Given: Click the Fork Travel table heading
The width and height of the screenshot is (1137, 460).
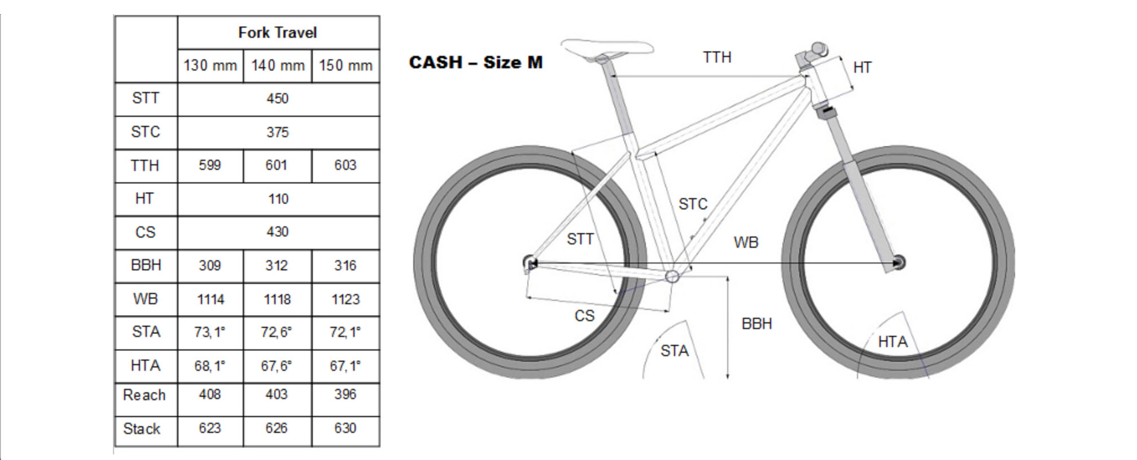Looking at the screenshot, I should point(277,33).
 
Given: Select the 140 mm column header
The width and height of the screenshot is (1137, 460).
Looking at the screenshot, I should point(277,65).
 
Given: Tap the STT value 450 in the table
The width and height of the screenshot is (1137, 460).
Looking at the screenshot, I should point(277,99).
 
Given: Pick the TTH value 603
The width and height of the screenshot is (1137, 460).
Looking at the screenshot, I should point(345,165).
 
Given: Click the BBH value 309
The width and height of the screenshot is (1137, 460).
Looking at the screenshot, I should point(209,265).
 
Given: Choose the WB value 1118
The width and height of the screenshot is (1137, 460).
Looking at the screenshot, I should point(277,299).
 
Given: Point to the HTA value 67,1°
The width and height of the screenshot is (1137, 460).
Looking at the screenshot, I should point(345,366).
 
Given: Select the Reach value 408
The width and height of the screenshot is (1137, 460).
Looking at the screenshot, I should point(209,395).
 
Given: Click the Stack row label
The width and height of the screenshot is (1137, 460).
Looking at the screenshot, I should point(142,429).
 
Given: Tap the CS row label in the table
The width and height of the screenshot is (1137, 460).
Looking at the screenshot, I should point(145,232).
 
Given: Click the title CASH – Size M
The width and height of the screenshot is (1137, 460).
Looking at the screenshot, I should point(475,62).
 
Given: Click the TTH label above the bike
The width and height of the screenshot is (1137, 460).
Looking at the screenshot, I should point(717,58).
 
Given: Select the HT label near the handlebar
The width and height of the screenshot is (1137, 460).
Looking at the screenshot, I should point(862,68).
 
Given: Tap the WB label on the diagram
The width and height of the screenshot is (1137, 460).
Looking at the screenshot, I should point(746,243).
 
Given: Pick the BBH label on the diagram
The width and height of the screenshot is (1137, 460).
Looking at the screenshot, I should point(756,324).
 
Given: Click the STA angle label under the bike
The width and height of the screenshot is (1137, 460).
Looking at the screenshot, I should point(675,351).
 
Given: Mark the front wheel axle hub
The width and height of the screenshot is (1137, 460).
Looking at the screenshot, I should point(898,262).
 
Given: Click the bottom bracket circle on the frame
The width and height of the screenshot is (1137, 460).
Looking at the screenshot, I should point(672,276).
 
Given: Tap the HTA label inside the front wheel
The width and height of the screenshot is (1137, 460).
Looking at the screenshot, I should point(893,342).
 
